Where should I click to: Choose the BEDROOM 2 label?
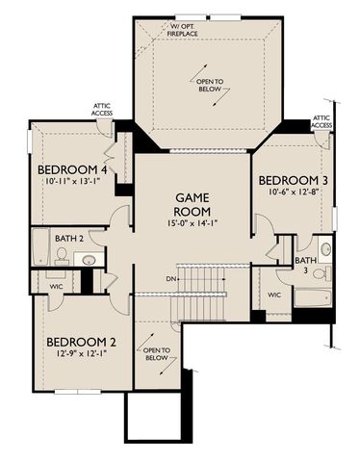click(80, 342)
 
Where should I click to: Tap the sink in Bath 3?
click(325, 249)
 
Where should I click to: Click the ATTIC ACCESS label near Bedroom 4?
click(103, 110)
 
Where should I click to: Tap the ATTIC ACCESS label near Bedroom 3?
click(322, 121)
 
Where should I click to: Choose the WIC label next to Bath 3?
click(274, 295)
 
